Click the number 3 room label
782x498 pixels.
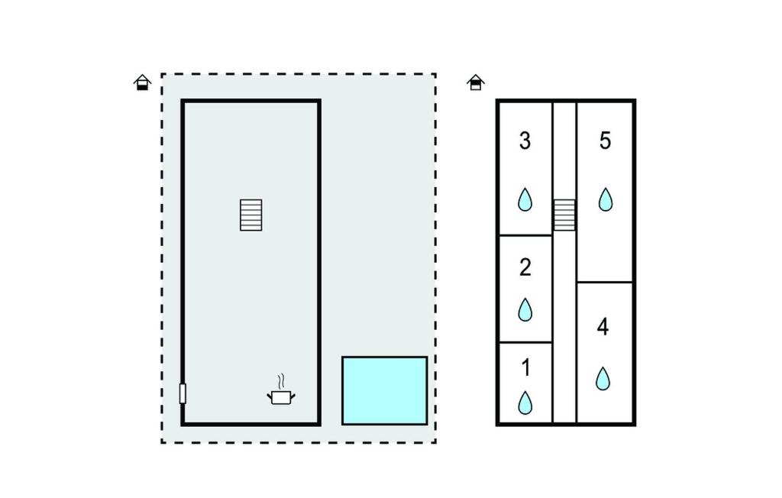tap(525, 141)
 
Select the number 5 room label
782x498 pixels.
tap(605, 141)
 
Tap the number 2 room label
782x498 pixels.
tap(525, 267)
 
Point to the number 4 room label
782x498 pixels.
tap(603, 327)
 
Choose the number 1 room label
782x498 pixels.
tap(525, 367)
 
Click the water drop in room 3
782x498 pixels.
tap(525, 199)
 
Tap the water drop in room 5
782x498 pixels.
tap(606, 199)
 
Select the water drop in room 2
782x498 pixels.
tap(525, 310)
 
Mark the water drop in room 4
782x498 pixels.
tap(603, 379)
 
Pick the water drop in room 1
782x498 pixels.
tap(525, 403)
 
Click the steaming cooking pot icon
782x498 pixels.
tap(281, 390)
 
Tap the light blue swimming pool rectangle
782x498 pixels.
tap(385, 391)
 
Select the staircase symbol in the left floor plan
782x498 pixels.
tap(250, 215)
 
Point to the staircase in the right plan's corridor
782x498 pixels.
tap(564, 215)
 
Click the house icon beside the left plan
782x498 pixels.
tap(143, 82)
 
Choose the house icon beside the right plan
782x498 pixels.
tap(476, 82)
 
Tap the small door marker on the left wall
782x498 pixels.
tap(183, 393)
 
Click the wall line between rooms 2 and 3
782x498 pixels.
tap(525, 235)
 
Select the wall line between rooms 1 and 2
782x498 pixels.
tap(525, 342)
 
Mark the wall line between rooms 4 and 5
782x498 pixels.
tap(605, 283)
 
